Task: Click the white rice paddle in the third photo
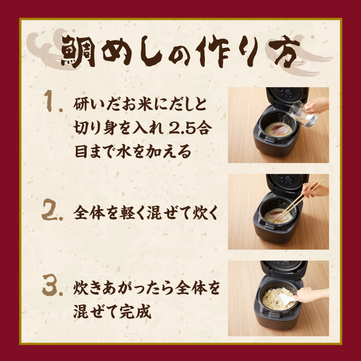point(286,297)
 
